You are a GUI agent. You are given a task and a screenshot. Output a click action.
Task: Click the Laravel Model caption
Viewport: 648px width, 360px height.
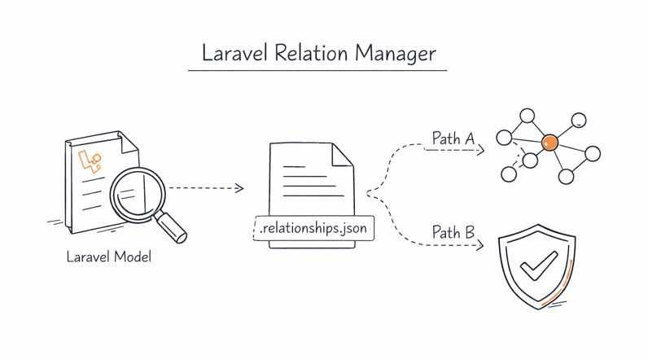pos(109,257)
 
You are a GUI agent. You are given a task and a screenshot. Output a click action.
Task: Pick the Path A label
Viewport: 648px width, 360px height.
pos(453,139)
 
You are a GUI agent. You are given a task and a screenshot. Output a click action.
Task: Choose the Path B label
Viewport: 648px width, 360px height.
pos(453,233)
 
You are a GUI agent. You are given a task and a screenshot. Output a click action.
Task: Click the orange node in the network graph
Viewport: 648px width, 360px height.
pos(549,143)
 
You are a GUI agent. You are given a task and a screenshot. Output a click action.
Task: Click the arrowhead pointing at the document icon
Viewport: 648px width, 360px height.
pos(239,188)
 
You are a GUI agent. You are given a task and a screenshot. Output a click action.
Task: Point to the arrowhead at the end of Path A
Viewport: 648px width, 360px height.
pos(481,150)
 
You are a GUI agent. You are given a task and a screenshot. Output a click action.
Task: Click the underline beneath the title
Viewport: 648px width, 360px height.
pos(317,71)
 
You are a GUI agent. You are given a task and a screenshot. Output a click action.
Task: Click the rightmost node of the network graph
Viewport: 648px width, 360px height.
pos(593,153)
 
